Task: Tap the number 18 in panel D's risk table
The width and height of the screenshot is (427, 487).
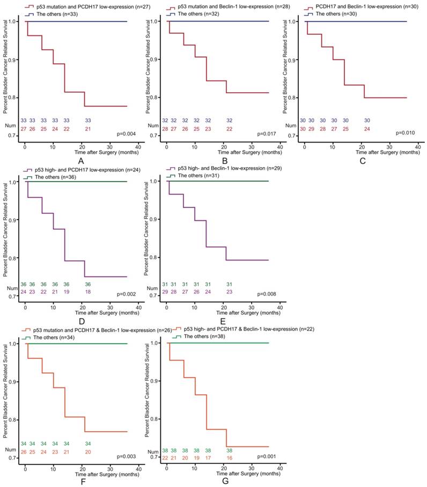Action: click(x=84, y=291)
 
